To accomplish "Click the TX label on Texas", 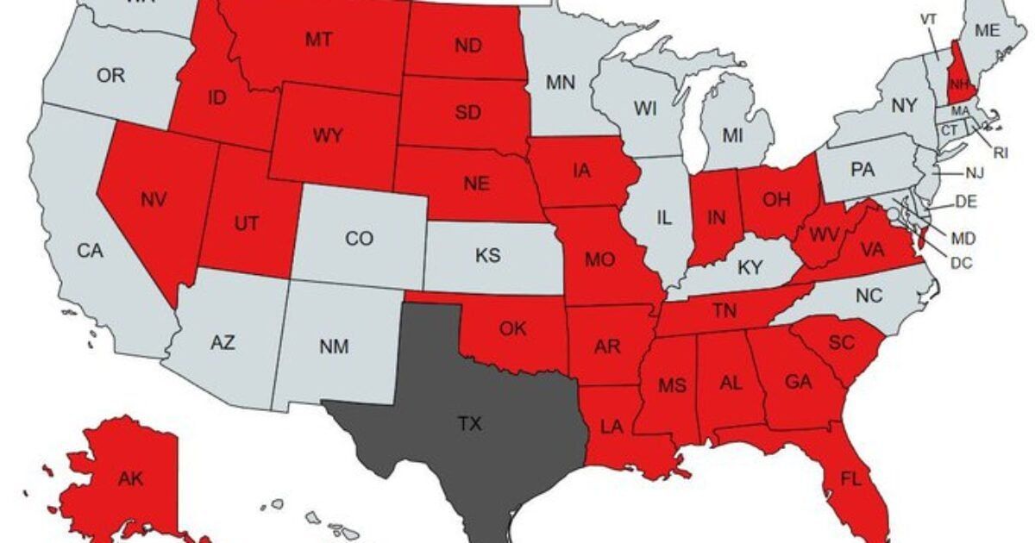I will [x=469, y=423].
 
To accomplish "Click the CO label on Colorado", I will [x=359, y=239].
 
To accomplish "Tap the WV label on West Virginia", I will [x=824, y=233].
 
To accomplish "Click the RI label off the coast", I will [x=1000, y=153].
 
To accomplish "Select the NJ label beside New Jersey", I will [x=974, y=173].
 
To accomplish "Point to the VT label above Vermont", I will [x=928, y=18].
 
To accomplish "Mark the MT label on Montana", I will [x=319, y=39].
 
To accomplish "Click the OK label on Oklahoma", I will [x=512, y=328].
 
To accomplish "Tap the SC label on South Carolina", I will [x=841, y=342].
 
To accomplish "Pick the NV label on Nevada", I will [x=154, y=199].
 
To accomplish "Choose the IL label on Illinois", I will [x=663, y=219].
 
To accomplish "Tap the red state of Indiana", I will [x=716, y=215].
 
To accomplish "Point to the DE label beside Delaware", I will [x=965, y=203].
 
